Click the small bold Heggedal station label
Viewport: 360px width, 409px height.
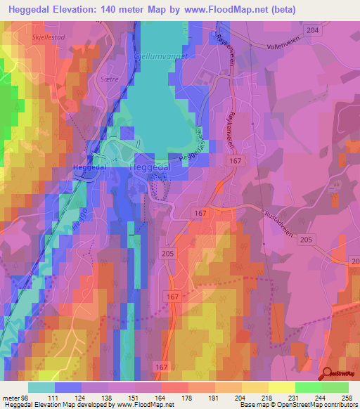88,167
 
